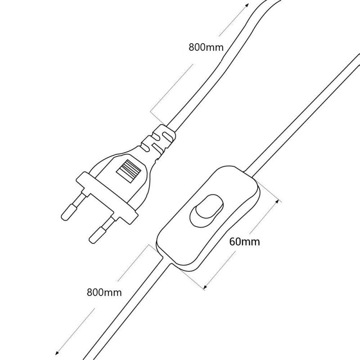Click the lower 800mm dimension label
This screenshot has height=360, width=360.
click(x=104, y=292)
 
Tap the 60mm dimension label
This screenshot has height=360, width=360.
click(x=244, y=241)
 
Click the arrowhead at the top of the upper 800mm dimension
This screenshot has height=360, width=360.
click(x=246, y=4)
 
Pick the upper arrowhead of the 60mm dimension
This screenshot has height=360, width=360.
click(x=279, y=199)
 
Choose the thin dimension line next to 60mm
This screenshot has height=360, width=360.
click(x=241, y=243)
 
